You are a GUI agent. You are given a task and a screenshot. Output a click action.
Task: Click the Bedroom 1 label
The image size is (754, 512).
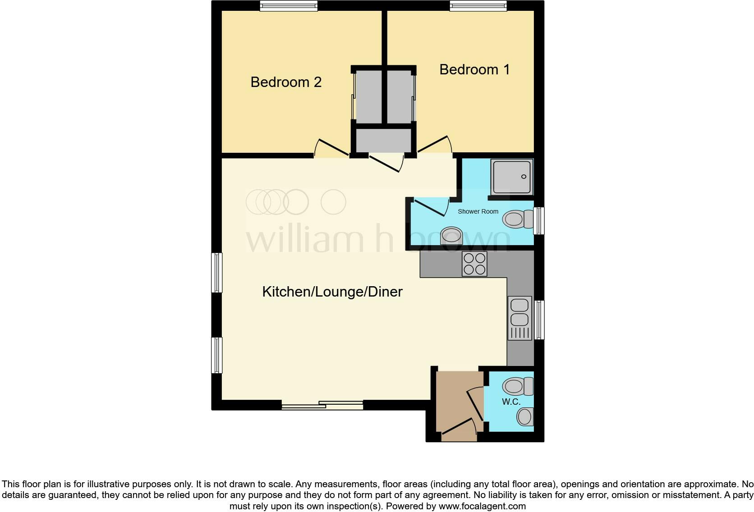pyautogui.click(x=474, y=69)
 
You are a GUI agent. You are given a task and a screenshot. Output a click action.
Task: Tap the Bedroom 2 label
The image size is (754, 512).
pyautogui.click(x=286, y=82)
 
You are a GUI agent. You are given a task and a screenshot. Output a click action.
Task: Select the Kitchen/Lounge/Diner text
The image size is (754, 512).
pyautogui.click(x=332, y=292)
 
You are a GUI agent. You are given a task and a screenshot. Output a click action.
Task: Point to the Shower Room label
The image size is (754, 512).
pyautogui.click(x=478, y=211)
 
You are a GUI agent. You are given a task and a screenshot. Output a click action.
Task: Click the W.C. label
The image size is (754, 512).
pyautogui.click(x=511, y=402)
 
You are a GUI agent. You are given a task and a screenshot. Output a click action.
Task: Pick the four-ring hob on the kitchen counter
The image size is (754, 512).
pyautogui.click(x=474, y=264)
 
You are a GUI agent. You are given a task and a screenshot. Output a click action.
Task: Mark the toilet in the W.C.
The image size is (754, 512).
pyautogui.click(x=517, y=386)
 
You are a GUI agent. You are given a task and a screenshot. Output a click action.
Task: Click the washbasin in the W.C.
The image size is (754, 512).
pyautogui.click(x=525, y=416)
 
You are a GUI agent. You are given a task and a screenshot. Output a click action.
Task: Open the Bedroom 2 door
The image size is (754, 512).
pyautogui.click(x=331, y=148)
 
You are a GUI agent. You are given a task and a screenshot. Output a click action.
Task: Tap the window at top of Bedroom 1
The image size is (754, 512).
pyautogui.click(x=478, y=6)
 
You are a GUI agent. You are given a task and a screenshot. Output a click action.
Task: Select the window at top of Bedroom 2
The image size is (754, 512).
pyautogui.click(x=289, y=6)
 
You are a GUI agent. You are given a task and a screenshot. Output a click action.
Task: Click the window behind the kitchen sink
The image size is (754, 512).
pyautogui.click(x=539, y=320)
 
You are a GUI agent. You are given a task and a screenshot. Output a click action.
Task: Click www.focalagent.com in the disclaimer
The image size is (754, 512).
pyautogui.click(x=482, y=506)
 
